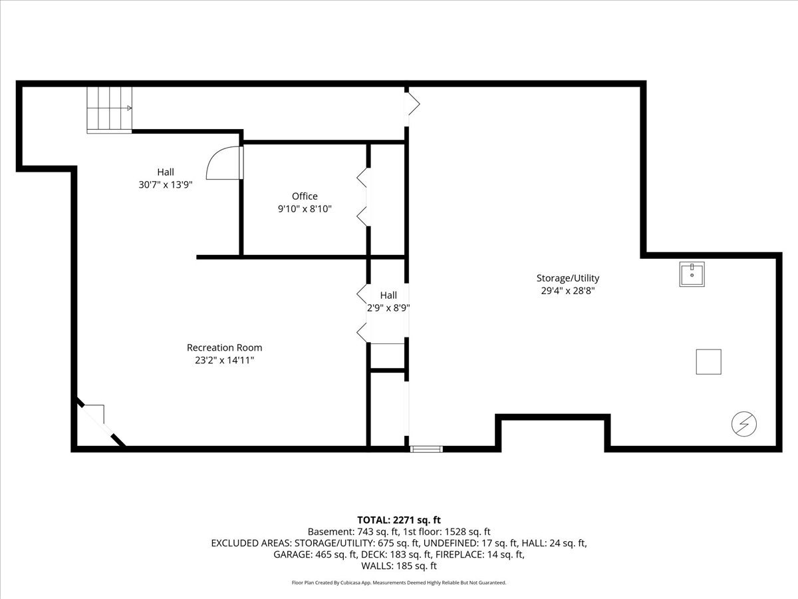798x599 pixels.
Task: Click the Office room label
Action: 305,196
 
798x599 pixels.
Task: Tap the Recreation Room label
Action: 224,347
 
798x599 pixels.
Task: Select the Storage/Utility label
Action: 568,278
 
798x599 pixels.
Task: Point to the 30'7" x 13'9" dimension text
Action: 166,185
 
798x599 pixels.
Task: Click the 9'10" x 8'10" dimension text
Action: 305,209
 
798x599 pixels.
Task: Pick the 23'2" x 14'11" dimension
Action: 224,360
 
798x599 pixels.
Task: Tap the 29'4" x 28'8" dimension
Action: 568,291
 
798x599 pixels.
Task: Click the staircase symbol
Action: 110,110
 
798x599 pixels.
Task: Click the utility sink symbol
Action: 692,274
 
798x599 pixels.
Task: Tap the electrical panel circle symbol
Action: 744,424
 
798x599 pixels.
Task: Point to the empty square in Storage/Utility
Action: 709,362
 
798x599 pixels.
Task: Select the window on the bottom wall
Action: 426,449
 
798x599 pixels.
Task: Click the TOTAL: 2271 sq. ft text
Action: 399,520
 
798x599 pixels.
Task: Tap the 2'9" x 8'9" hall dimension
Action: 388,308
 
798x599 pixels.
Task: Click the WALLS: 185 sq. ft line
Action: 399,566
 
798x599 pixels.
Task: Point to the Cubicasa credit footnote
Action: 399,582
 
